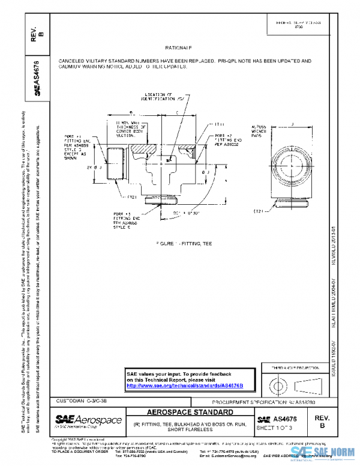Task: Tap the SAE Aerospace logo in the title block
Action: click(x=88, y=421)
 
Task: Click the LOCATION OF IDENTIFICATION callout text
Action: click(x=160, y=97)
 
